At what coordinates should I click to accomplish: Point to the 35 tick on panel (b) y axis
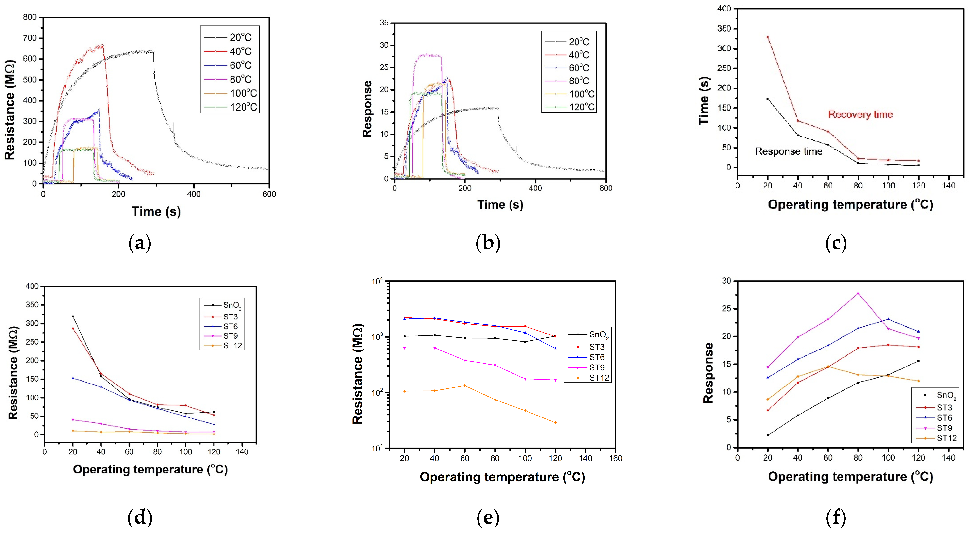tap(384, 23)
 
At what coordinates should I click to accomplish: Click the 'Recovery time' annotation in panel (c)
tap(860, 115)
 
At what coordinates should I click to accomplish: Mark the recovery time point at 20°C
tap(768, 37)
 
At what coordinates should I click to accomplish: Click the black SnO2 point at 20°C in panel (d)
tap(73, 317)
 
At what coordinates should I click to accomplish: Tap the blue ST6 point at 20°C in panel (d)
tap(73, 378)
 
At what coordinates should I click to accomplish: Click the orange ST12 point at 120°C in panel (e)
tap(555, 423)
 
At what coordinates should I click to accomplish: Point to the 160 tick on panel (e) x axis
tap(616, 458)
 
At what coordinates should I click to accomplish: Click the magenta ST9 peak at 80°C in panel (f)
tap(858, 293)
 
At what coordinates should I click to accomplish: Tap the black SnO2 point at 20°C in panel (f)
tap(768, 435)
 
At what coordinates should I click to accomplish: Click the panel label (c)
tap(836, 243)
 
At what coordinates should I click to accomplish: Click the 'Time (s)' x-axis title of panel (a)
tap(156, 212)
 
